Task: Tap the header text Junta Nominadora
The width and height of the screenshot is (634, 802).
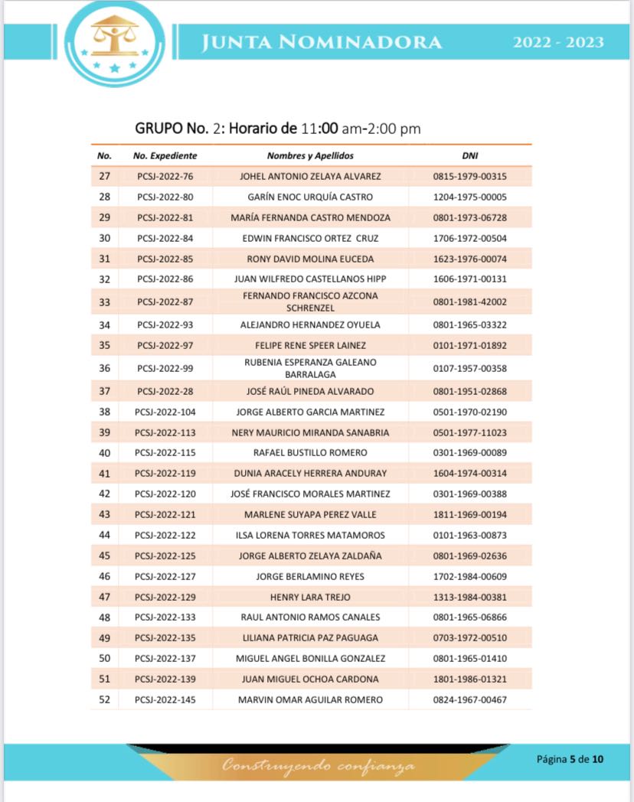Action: pyautogui.click(x=322, y=43)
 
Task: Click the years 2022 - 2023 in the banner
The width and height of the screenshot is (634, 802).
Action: pyautogui.click(x=558, y=43)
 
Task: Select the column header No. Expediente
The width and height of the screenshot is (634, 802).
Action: pyautogui.click(x=165, y=156)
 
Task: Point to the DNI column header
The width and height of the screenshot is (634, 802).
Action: pyautogui.click(x=470, y=156)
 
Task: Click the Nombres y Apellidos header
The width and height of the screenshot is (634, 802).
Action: pyautogui.click(x=310, y=156)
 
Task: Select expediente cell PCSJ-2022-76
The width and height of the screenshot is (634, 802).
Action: pyautogui.click(x=165, y=177)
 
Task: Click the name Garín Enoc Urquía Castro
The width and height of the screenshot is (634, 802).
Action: pyautogui.click(x=310, y=197)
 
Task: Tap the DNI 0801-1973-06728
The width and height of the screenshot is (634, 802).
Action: pyautogui.click(x=470, y=218)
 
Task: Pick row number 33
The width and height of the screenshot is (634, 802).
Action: pyautogui.click(x=105, y=302)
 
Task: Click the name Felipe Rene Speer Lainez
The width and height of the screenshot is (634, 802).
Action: pyautogui.click(x=310, y=346)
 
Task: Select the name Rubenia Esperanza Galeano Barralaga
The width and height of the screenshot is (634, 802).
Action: pyautogui.click(x=310, y=368)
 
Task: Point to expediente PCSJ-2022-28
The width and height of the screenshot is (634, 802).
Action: pyautogui.click(x=165, y=392)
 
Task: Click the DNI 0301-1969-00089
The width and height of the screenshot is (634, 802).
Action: pyautogui.click(x=470, y=453)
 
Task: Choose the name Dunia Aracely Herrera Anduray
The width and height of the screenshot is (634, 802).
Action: pyautogui.click(x=310, y=474)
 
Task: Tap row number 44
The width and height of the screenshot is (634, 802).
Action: pyautogui.click(x=105, y=536)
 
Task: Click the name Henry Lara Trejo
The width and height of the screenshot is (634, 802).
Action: pyautogui.click(x=310, y=597)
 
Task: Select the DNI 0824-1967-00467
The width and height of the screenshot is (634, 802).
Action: pyautogui.click(x=470, y=700)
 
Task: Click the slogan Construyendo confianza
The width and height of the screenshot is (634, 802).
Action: pyautogui.click(x=319, y=765)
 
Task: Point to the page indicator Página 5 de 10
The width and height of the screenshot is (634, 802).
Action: pyautogui.click(x=570, y=760)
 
